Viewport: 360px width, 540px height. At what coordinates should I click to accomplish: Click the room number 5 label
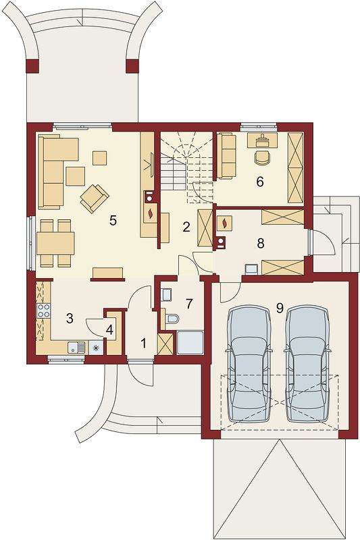[113, 221]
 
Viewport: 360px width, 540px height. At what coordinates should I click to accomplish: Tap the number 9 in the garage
[280, 308]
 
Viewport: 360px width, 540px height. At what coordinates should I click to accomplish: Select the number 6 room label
[260, 181]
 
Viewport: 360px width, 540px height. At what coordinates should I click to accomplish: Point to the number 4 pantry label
[109, 329]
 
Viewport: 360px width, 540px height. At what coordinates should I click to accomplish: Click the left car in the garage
[249, 364]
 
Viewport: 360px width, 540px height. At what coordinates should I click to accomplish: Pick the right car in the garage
[307, 364]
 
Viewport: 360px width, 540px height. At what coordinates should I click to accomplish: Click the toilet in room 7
[172, 319]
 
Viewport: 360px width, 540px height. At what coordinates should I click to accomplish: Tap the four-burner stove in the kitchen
[43, 310]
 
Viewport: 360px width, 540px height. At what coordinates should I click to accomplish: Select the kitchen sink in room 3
[76, 347]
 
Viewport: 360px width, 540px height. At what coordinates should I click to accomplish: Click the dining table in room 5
[55, 243]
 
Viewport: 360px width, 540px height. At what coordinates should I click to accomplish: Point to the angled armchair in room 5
[95, 198]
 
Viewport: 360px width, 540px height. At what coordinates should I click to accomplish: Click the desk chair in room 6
[263, 157]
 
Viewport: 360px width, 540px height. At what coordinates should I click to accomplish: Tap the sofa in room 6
[226, 157]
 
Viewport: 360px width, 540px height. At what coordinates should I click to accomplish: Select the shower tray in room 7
[190, 342]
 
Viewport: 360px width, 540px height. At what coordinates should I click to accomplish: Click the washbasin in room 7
[167, 295]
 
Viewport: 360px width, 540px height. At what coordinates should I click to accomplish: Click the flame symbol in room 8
[225, 223]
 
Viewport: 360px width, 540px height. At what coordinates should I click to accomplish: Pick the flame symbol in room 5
[151, 213]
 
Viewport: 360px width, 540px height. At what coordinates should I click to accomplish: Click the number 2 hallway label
[186, 227]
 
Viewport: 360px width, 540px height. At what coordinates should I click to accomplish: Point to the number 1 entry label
[143, 343]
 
